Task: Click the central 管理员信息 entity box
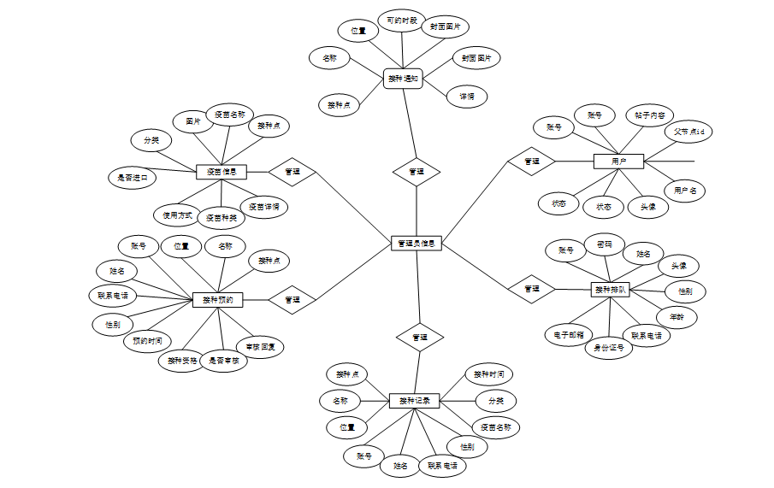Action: click(x=417, y=244)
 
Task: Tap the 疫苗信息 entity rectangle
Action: click(x=222, y=172)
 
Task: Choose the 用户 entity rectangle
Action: click(x=618, y=161)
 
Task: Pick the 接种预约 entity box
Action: click(x=217, y=300)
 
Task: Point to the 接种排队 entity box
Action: click(x=610, y=290)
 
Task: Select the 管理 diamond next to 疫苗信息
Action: click(x=292, y=172)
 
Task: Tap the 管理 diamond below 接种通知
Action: click(x=417, y=172)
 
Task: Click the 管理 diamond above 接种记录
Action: click(x=419, y=337)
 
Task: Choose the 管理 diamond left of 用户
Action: click(x=531, y=161)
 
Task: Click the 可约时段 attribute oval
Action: click(x=401, y=21)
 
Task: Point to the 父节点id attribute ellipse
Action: click(x=688, y=132)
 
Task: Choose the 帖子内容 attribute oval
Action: click(x=650, y=115)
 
